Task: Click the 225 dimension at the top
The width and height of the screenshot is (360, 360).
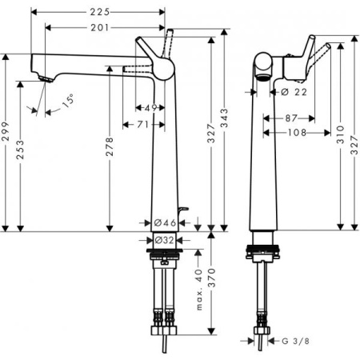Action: click(99, 13)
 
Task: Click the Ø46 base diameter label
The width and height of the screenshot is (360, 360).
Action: click(165, 222)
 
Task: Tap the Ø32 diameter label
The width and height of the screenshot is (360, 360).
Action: click(165, 239)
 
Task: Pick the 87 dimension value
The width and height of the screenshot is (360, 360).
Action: click(292, 118)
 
